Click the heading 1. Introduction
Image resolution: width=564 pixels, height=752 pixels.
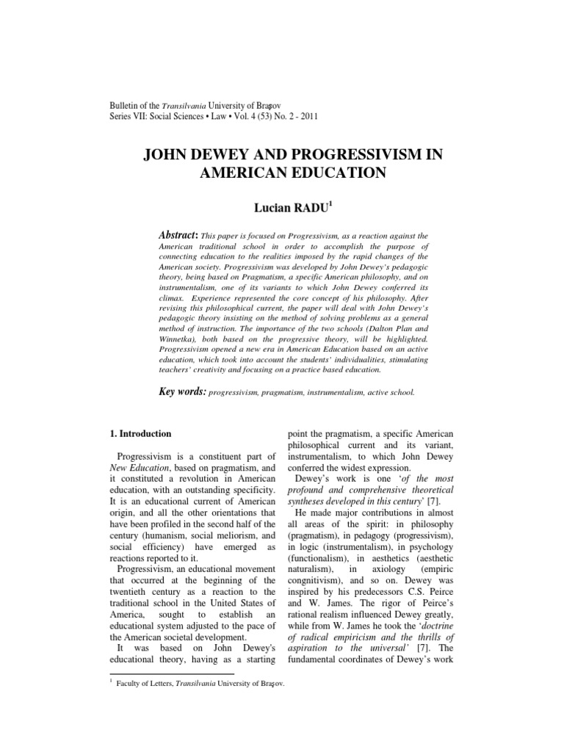pyautogui.click(x=140, y=434)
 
